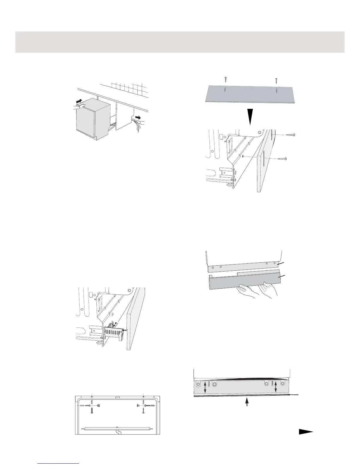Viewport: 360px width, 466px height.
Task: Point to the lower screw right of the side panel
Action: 282,159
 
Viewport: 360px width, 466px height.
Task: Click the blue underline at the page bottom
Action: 59,463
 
